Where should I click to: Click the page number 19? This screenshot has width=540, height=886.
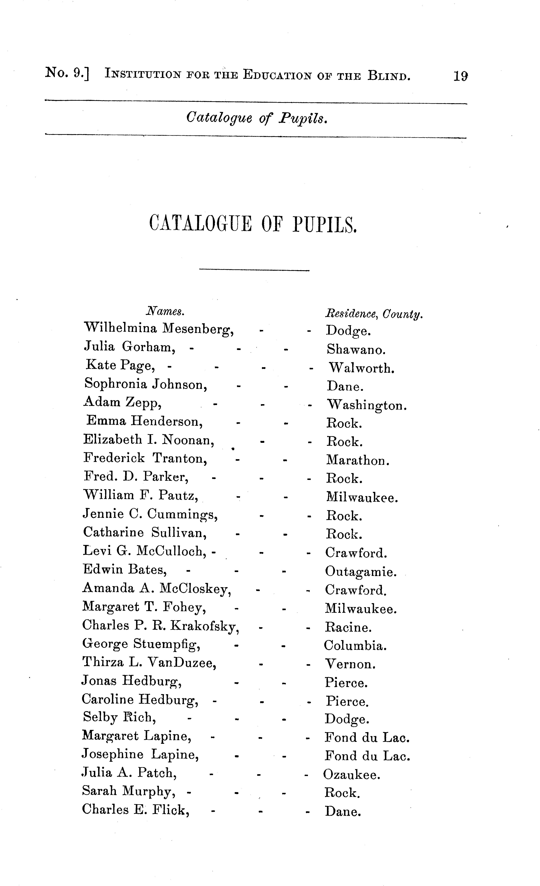click(x=460, y=76)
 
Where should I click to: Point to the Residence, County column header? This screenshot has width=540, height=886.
click(x=374, y=314)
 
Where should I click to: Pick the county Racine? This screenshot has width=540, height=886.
click(x=348, y=627)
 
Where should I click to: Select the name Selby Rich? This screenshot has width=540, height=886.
click(x=119, y=717)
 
